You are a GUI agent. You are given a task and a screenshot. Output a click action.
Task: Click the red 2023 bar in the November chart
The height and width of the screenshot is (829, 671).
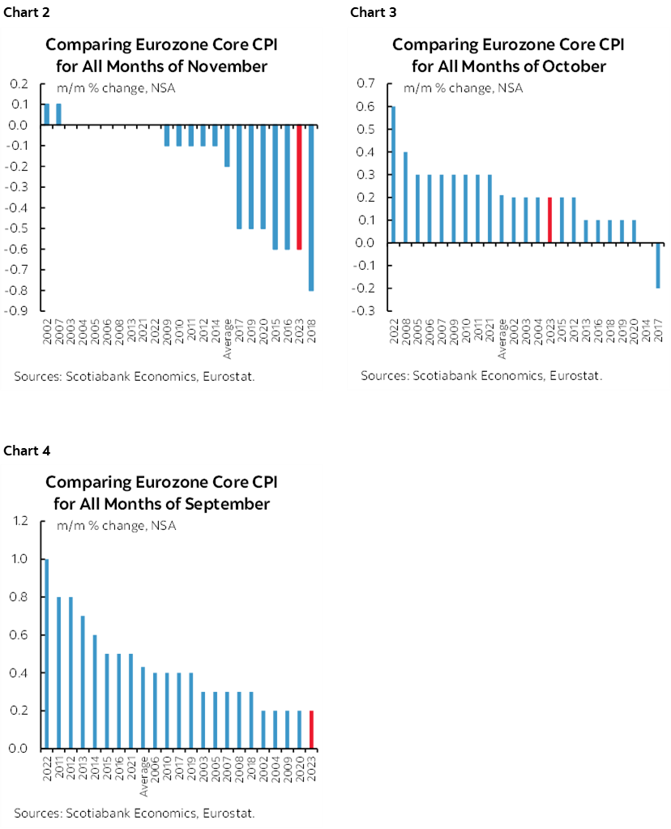tap(301, 187)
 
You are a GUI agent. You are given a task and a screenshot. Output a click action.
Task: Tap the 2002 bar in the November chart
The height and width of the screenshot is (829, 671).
tap(46, 114)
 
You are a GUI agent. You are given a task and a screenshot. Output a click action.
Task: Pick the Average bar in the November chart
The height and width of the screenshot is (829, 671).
tap(228, 146)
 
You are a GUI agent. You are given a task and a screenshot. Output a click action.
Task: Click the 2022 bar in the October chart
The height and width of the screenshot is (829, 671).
tap(394, 174)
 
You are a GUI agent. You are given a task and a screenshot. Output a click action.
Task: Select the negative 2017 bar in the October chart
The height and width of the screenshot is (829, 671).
tap(658, 265)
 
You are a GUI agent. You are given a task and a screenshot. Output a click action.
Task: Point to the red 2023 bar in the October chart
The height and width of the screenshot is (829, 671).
tap(550, 220)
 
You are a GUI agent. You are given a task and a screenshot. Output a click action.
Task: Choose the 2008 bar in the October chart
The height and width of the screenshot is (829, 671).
tap(406, 197)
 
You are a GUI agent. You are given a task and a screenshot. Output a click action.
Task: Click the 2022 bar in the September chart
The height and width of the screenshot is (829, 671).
tap(46, 653)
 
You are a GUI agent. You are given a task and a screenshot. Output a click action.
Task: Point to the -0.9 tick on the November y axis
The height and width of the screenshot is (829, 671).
tap(19, 310)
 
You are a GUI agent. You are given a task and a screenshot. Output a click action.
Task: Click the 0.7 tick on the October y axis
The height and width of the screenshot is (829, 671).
tap(366, 83)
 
